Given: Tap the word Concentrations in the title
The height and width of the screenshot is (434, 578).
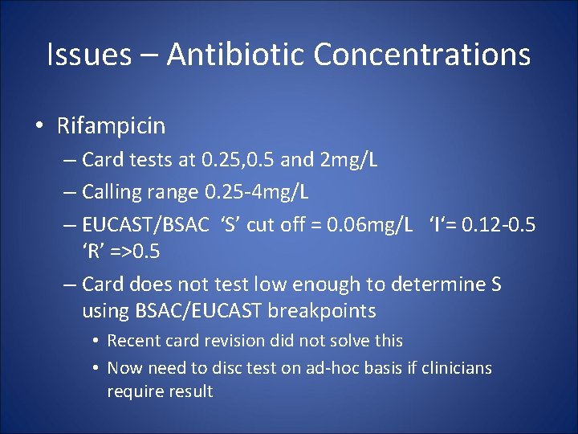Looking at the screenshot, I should pyautogui.click(x=422, y=55).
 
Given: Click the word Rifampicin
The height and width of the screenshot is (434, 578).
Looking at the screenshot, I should pyautogui.click(x=111, y=125).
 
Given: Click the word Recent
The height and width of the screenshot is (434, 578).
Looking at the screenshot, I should pyautogui.click(x=132, y=341).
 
